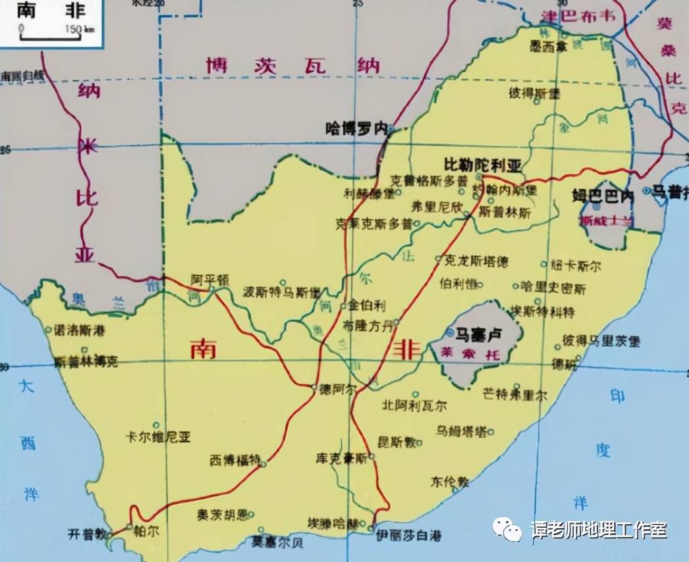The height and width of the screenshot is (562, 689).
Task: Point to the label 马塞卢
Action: pos(479,334)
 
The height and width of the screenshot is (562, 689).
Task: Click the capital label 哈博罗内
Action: pos(356,128)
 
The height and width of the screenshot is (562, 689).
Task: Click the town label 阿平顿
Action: pos(210,279)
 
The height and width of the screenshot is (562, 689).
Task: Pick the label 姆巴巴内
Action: pos(603,196)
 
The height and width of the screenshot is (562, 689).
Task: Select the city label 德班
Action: pos(564,364)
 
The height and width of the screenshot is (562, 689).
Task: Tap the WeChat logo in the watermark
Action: pos(508,527)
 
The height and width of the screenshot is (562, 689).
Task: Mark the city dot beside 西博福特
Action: pos(263,464)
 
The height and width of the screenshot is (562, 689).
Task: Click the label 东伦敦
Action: pos(450,481)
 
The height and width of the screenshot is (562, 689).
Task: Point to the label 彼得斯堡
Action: pos(534,92)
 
